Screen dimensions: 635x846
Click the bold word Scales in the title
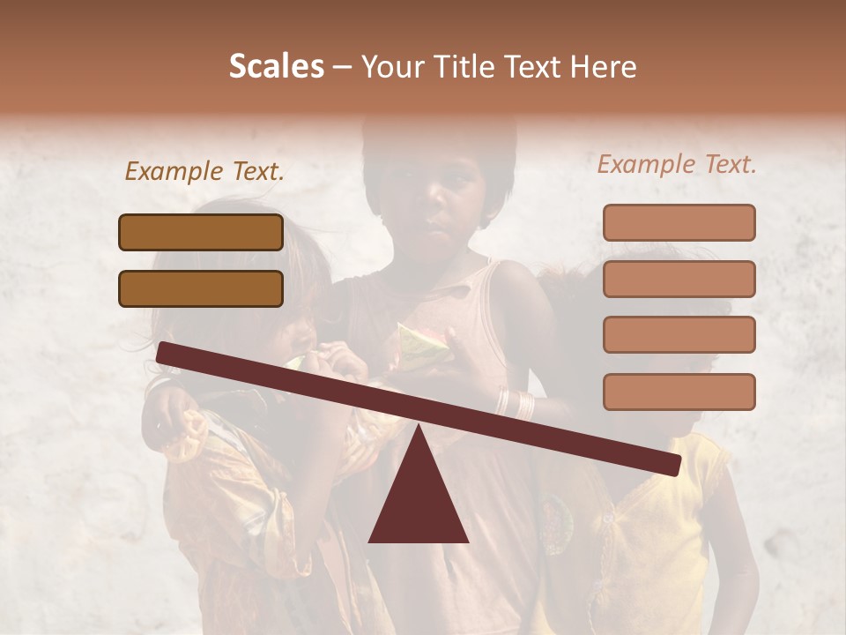pos(276,67)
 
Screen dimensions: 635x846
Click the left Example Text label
pos(204,171)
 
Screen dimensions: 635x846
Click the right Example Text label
pos(677,164)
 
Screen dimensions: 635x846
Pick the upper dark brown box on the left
pos(201,232)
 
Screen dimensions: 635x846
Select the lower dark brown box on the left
pos(201,288)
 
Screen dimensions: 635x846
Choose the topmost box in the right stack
pos(679,223)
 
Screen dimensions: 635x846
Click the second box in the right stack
pos(679,279)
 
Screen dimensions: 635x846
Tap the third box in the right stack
pos(679,334)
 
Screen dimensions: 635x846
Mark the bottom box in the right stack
pos(679,392)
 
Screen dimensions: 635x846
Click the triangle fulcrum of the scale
pos(418,494)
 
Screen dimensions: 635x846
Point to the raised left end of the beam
pos(167,352)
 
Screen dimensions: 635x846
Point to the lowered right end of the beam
pos(669,463)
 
